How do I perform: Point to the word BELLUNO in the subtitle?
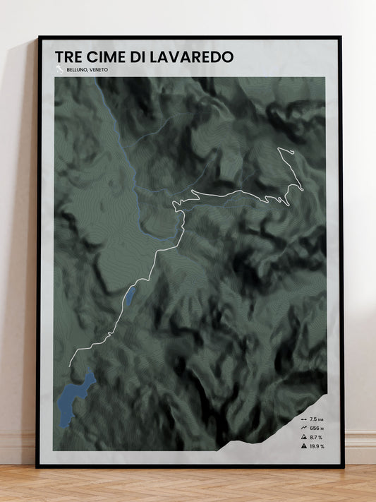tap(76, 70)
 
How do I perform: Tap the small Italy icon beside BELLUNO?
tap(60, 69)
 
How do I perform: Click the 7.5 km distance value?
tap(315, 419)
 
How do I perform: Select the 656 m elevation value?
tap(315, 428)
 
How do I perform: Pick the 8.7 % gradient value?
tap(315, 437)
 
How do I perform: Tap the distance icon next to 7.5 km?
tap(303, 419)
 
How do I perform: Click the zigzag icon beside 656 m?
tap(303, 428)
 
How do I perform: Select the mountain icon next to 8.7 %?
tap(303, 437)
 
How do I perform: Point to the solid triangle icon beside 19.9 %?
tap(303, 446)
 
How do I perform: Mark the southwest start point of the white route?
tap(68, 366)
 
